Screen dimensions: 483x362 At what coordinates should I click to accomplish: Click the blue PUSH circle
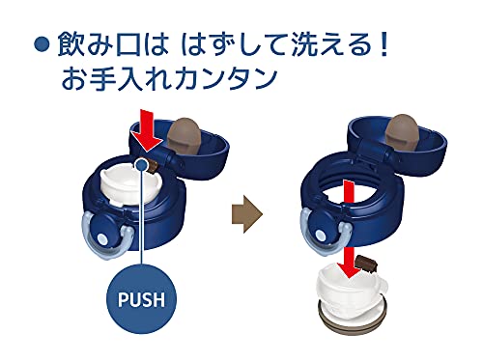click(141, 298)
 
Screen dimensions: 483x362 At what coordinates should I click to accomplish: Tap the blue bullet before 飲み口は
click(43, 45)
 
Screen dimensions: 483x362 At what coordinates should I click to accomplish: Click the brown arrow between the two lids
click(247, 213)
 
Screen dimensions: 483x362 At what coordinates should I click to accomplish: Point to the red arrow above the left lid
click(148, 130)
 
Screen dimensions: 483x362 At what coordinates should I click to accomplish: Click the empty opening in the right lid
click(351, 193)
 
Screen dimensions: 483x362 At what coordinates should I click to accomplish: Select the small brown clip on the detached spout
click(366, 263)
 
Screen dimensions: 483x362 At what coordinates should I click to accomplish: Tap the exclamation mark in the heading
click(384, 44)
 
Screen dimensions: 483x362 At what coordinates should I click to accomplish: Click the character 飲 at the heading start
click(71, 45)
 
